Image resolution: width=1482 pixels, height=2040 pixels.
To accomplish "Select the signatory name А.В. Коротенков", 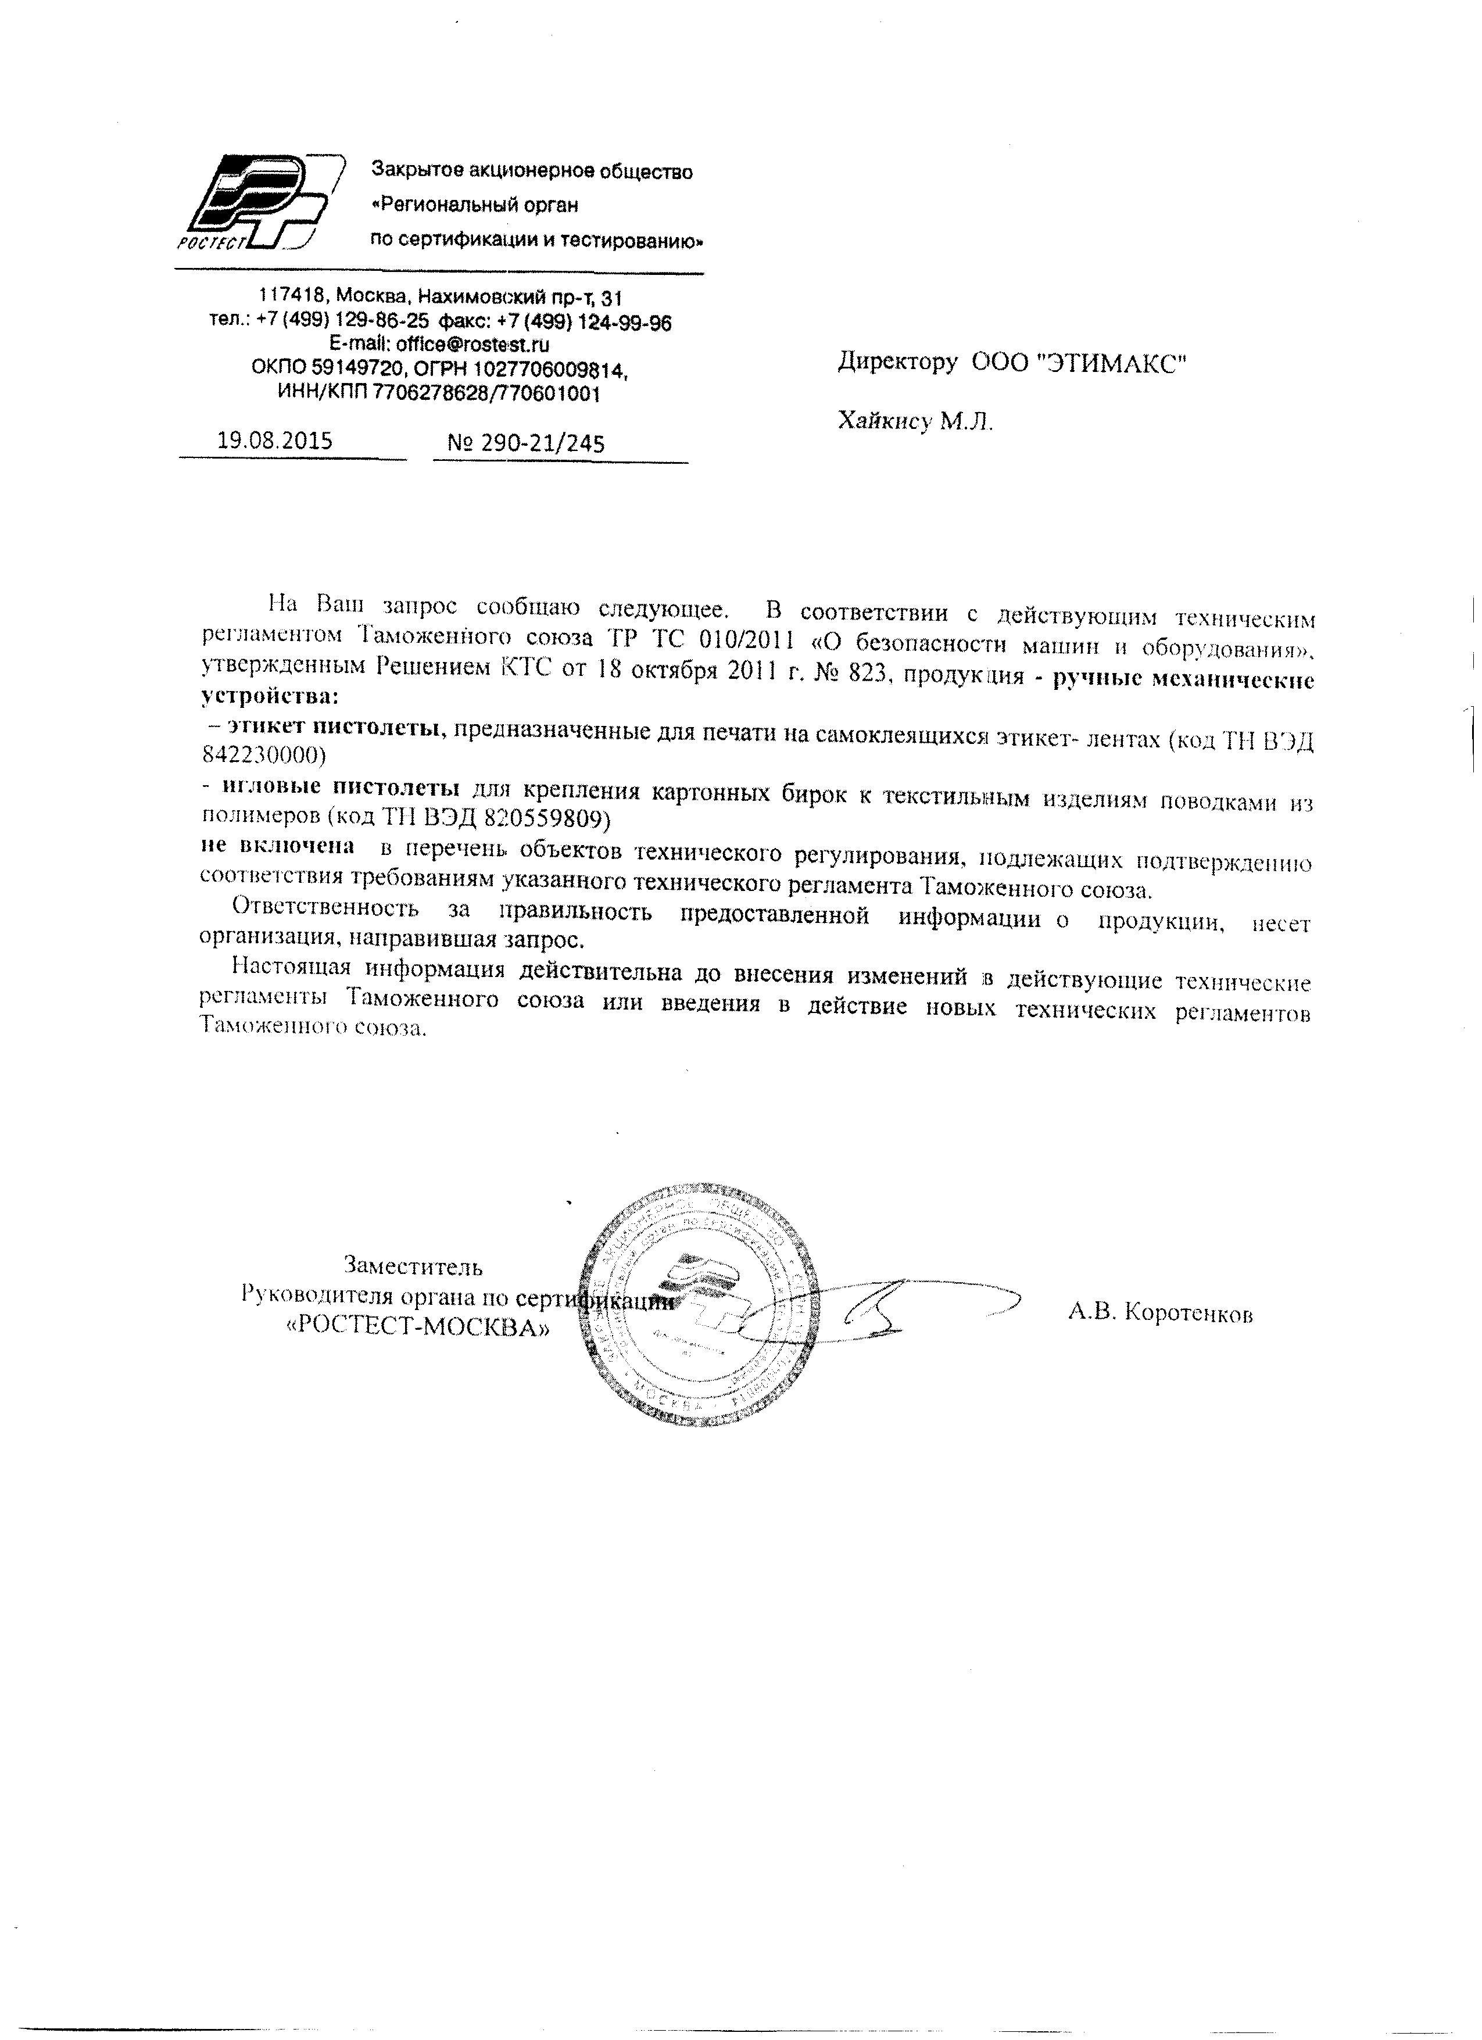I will click(1160, 1314).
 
